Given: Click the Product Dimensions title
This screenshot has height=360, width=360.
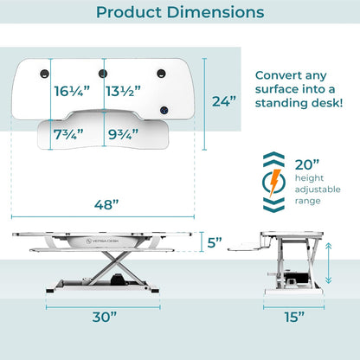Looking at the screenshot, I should point(180,13).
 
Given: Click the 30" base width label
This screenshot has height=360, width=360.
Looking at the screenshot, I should point(106,317).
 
